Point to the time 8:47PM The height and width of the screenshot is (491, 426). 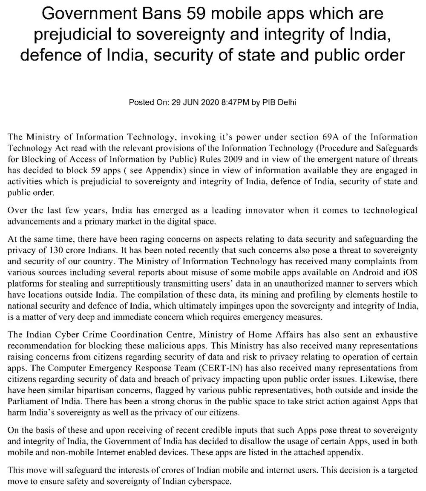coord(233,103)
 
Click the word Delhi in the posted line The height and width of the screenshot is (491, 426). coord(286,103)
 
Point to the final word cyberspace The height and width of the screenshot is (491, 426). coord(211,482)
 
